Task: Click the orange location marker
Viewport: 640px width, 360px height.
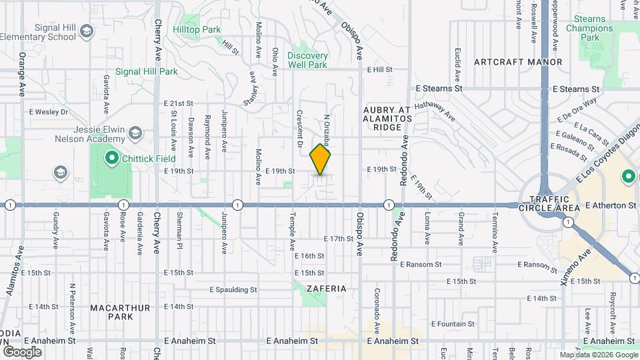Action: pyautogui.click(x=320, y=159)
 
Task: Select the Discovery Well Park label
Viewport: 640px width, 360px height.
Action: pyautogui.click(x=308, y=60)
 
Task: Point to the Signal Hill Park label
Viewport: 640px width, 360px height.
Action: pyautogui.click(x=146, y=71)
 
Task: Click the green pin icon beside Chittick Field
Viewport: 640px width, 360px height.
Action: pyautogui.click(x=111, y=159)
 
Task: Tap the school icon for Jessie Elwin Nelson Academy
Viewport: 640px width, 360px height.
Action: pyautogui.click(x=135, y=133)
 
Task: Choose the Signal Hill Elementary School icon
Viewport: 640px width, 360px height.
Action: pyautogui.click(x=86, y=31)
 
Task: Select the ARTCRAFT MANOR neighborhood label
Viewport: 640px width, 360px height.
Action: pyautogui.click(x=518, y=62)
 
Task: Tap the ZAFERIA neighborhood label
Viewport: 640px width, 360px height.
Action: pyautogui.click(x=327, y=289)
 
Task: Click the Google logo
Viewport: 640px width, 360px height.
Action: pyautogui.click(x=22, y=351)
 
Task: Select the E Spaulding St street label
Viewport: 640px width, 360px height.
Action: pyautogui.click(x=233, y=290)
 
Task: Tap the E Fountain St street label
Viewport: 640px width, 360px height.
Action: pyautogui.click(x=452, y=324)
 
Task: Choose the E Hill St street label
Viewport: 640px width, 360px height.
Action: pyautogui.click(x=379, y=69)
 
